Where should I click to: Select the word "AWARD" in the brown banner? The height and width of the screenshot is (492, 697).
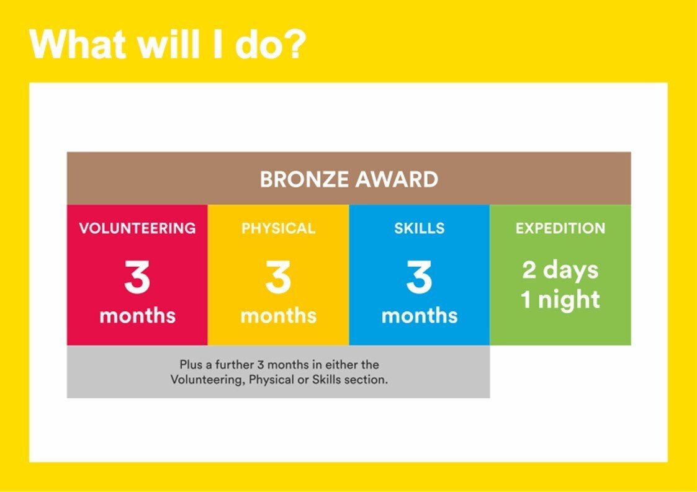pos(397,179)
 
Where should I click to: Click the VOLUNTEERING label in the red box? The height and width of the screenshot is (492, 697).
pos(137,228)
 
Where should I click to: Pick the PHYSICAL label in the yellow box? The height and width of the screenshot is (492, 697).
pos(278,228)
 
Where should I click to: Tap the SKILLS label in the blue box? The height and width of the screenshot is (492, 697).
pos(419,228)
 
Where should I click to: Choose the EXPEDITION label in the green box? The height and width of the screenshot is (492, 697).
pos(560,228)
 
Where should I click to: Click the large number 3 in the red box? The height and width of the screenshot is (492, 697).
pos(137,277)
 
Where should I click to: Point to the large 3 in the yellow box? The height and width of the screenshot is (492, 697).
pos(278,277)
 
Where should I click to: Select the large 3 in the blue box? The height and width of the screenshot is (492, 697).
pos(419,277)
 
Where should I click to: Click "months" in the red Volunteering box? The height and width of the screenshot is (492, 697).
pos(137,315)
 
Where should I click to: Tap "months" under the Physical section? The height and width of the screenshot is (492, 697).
pos(278,315)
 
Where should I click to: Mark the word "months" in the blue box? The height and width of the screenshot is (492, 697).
pos(419,315)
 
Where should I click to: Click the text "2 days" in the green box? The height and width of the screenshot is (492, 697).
pos(560,271)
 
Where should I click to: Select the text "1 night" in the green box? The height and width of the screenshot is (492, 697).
pos(560,300)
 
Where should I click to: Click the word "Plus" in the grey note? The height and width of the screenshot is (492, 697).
pos(191,364)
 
